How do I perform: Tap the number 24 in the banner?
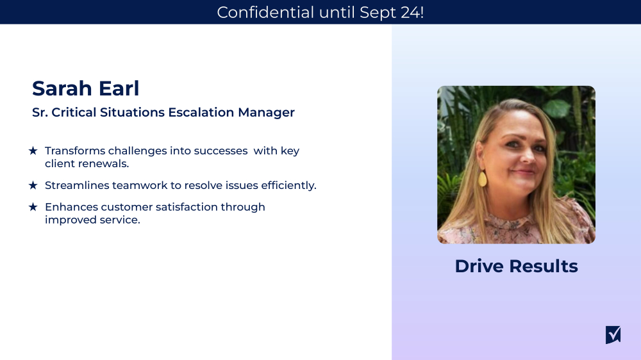408,12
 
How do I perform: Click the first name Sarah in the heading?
60,88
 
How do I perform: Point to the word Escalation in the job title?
201,113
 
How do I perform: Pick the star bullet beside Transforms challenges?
33,151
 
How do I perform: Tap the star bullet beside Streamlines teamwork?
33,185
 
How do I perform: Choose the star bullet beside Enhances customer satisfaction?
33,207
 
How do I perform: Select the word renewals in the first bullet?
104,163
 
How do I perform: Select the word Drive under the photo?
478,266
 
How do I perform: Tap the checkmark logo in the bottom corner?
613,334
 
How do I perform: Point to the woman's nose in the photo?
520,158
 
